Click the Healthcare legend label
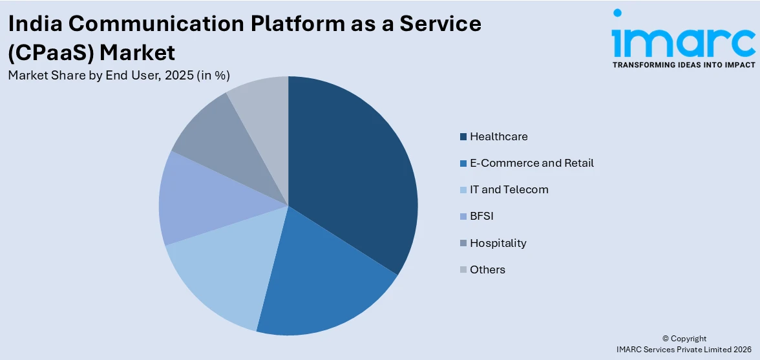click(498, 136)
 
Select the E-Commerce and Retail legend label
click(531, 163)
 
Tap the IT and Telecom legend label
click(509, 189)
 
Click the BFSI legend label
click(481, 216)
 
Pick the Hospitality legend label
click(498, 243)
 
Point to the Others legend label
click(487, 270)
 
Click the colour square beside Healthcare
click(463, 137)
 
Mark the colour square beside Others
click(463, 270)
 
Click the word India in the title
click(34, 24)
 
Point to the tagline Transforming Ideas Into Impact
click(683, 65)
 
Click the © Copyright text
click(684, 338)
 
